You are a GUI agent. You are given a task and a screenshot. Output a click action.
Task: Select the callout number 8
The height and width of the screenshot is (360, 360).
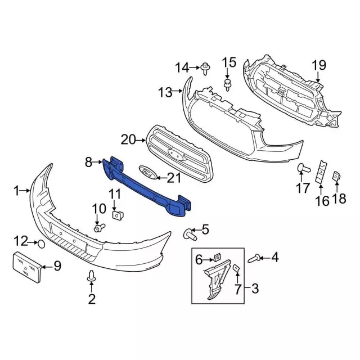coord(88,163)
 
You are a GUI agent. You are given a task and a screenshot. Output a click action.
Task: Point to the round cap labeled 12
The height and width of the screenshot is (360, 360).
coord(41,244)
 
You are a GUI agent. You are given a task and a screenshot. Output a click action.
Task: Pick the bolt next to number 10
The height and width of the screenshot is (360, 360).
coord(100,228)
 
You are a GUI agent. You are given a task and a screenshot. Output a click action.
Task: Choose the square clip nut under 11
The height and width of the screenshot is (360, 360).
coord(117,214)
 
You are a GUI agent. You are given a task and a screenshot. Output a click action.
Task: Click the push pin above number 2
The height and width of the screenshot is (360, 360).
coord(91,276)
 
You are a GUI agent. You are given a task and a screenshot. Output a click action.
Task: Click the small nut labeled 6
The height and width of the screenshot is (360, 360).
coord(215,258)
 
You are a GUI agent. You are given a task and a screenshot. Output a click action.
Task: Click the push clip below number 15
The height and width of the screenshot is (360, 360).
coord(228,85)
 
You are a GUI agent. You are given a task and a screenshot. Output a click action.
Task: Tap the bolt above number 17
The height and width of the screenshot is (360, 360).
coord(301,167)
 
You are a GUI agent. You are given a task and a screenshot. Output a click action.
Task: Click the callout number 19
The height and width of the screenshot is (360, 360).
coord(319,65)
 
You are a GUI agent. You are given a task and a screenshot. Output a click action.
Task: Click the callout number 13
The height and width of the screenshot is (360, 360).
coord(164,92)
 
